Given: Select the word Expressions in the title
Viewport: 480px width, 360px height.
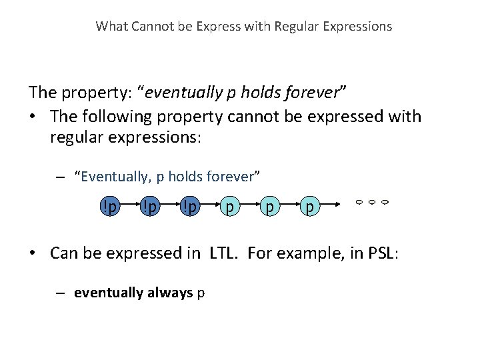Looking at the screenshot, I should [x=358, y=27].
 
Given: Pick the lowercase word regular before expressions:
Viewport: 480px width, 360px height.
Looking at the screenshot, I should [x=75, y=138].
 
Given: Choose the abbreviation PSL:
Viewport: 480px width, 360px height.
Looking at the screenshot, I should [x=380, y=253].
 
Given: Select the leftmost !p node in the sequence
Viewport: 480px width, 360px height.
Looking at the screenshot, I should [x=109, y=207].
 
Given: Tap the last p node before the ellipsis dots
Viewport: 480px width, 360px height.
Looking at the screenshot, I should [x=308, y=207].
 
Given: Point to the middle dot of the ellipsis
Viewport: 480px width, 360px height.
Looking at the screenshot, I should [x=371, y=201].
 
